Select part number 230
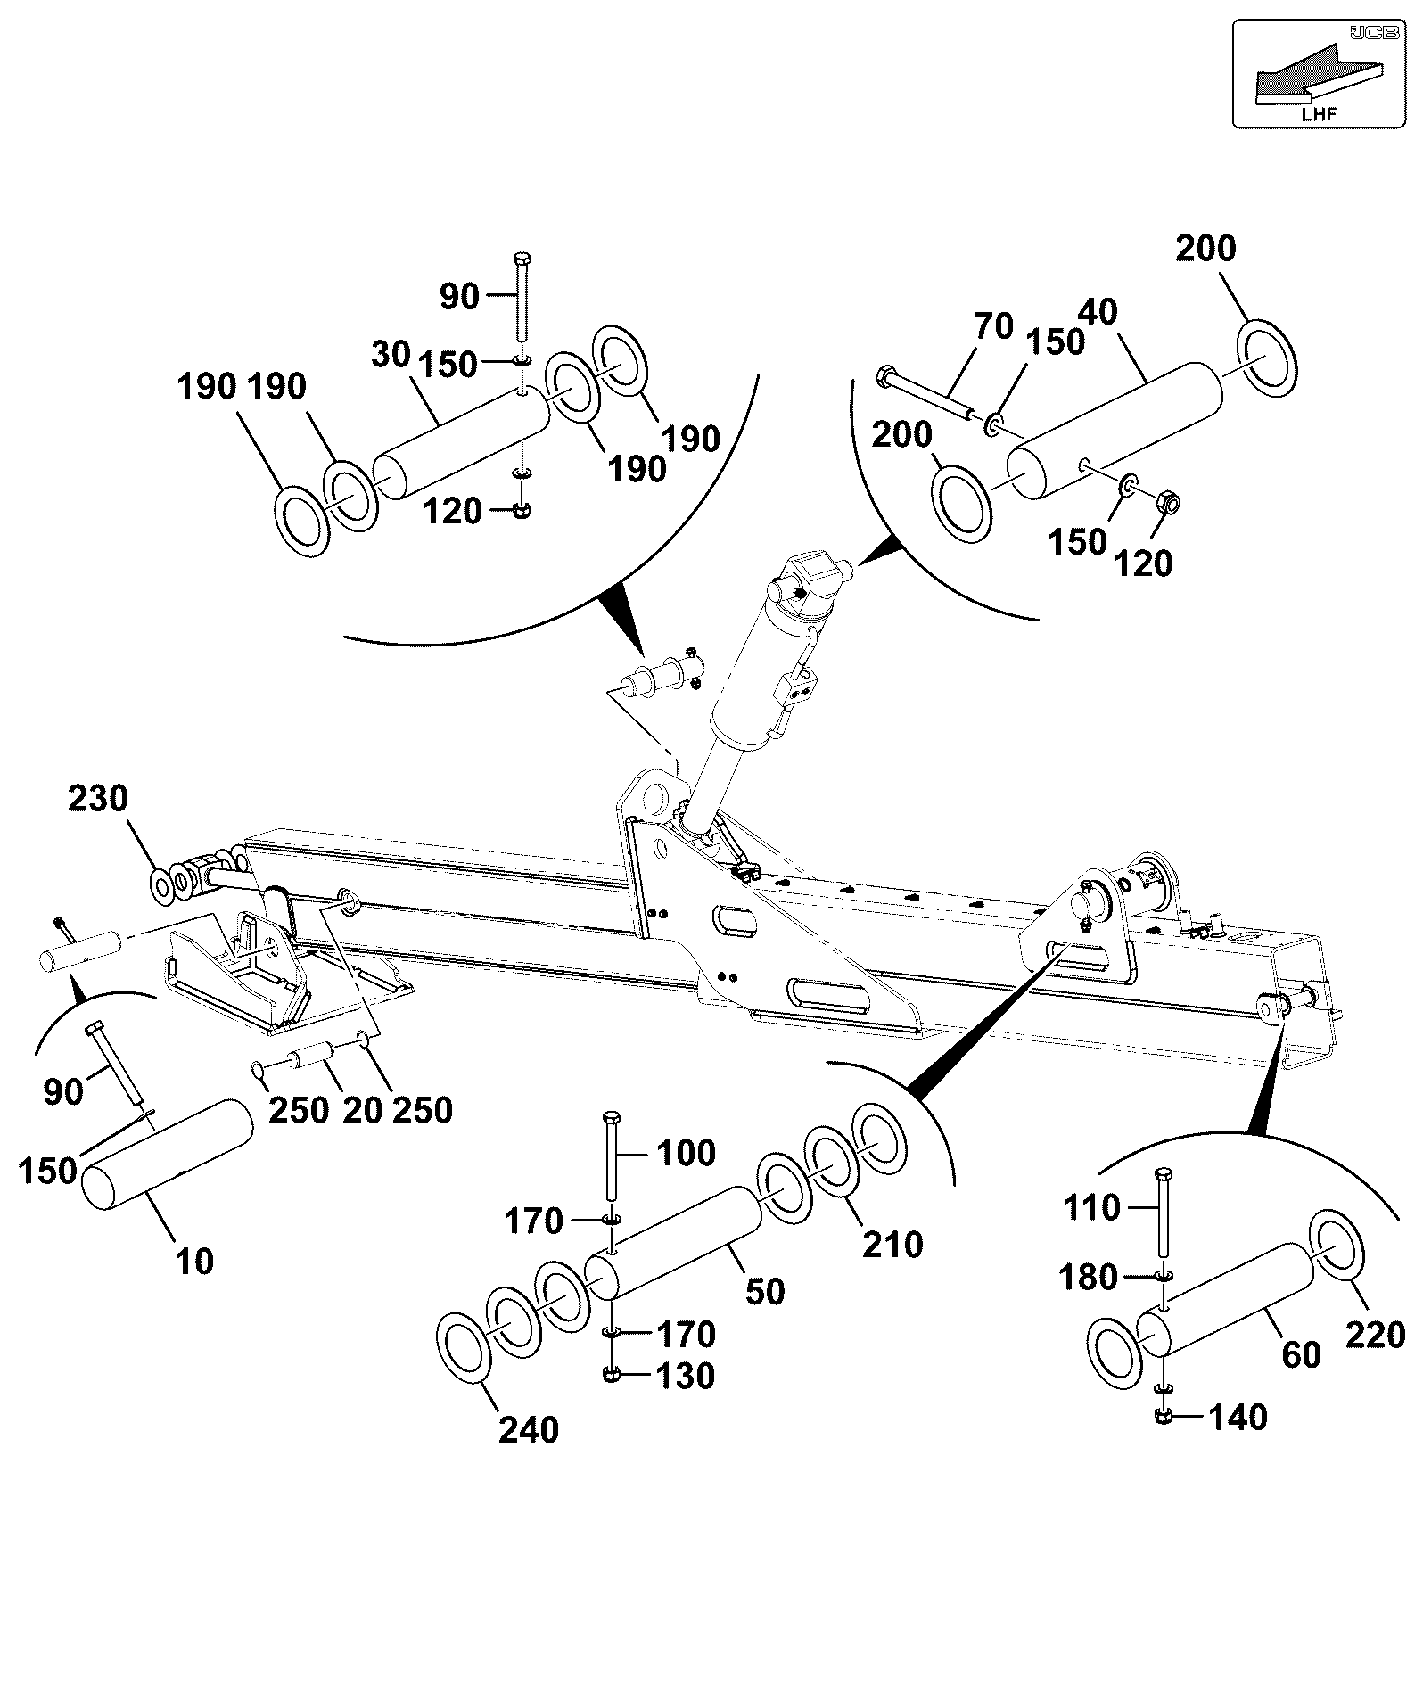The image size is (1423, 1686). (x=98, y=798)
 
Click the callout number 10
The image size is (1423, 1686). (x=195, y=1261)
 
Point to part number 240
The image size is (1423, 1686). (x=529, y=1429)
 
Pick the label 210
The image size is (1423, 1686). (x=892, y=1245)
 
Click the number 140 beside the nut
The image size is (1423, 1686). (x=1237, y=1417)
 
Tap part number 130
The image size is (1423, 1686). (x=685, y=1376)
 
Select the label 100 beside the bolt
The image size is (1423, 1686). (x=687, y=1153)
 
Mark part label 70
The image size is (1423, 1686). (x=994, y=326)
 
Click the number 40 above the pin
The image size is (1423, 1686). (x=1097, y=312)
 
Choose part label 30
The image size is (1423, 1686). (x=391, y=354)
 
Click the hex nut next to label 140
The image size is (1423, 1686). (x=1163, y=1416)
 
